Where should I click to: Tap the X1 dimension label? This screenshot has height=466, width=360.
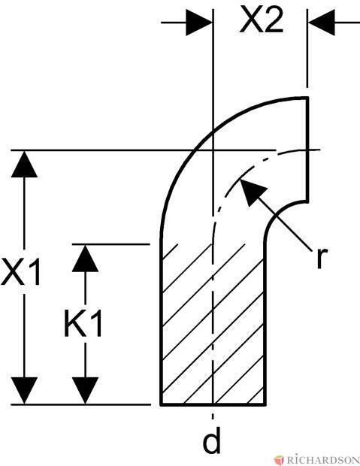coord(20,271)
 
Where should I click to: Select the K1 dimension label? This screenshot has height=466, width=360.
coord(83,323)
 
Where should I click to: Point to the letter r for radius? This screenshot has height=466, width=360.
coord(321,258)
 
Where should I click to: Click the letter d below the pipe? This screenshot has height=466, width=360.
coord(212,441)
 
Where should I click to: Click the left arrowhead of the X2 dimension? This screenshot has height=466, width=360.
coord(198,23)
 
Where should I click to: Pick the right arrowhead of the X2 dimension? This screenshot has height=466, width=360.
coord(322,23)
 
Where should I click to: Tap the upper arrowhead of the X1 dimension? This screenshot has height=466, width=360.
coord(24,164)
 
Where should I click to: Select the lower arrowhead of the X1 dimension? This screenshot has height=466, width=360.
coord(24,391)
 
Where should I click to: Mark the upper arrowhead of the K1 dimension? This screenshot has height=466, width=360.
coord(86,258)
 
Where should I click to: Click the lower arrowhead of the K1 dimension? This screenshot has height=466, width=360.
coord(86,391)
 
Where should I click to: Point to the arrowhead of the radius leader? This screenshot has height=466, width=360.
coord(252,192)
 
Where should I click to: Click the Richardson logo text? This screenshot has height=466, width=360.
coord(322,460)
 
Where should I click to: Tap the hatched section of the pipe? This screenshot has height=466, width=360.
coord(213,324)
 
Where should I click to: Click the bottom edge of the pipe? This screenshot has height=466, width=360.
coord(213,404)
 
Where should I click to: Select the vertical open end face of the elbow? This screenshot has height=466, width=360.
coord(307,150)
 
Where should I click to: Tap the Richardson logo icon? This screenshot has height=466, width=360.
coord(280,460)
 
